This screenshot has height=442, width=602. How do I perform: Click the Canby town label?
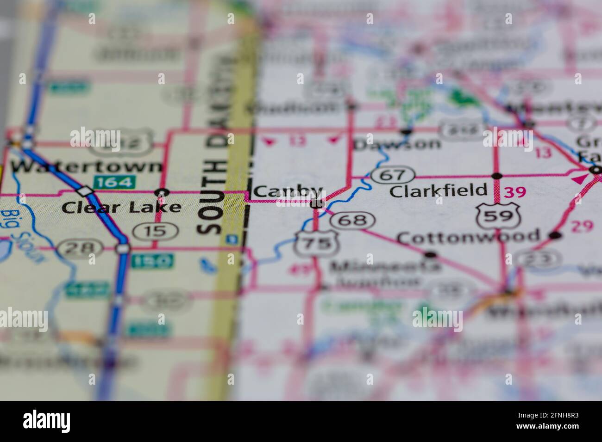pos(288,191)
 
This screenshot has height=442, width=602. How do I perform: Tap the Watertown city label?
pos(88,166)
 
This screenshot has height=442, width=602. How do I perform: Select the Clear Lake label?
pos(121,207)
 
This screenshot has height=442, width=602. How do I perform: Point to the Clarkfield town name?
pos(439,190)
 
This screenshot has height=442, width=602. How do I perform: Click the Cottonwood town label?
pos(469,237)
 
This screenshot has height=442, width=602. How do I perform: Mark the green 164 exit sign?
pos(114,182)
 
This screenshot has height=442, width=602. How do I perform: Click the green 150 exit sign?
pos(152,261)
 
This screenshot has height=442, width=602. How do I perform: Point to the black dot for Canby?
pos(317,203)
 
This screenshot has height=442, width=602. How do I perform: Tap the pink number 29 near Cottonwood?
pos(582,227)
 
